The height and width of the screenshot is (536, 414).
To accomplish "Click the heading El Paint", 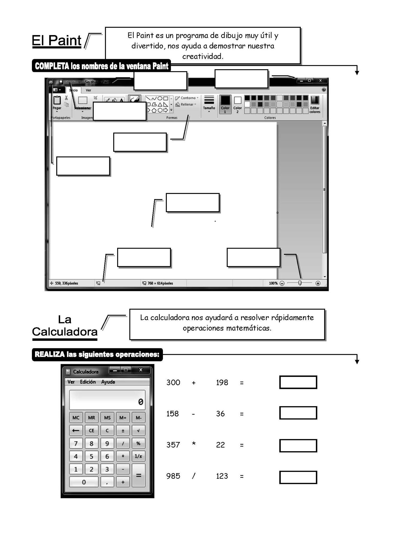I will click(56, 41).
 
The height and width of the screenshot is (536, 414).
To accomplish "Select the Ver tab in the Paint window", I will click(88, 90).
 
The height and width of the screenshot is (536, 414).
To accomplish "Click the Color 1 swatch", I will click(225, 104).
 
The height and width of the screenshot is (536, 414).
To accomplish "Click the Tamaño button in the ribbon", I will click(209, 103).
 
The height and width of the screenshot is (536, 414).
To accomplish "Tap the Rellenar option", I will click(186, 104).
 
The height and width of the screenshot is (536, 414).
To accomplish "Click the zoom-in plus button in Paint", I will click(318, 283).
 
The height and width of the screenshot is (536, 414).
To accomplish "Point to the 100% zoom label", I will click(273, 283).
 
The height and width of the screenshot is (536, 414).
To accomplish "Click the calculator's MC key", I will click(76, 418).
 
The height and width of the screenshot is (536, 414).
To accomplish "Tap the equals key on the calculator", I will click(138, 476).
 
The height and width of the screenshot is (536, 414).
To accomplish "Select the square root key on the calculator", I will click(138, 431).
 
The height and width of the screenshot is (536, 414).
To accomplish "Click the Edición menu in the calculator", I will click(88, 382).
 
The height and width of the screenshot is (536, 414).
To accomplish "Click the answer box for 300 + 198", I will click(298, 382).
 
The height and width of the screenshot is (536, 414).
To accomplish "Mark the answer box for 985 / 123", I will click(298, 477).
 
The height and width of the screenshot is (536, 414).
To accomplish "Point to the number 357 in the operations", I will click(173, 445).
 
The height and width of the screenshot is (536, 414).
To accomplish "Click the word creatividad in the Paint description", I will click(203, 56).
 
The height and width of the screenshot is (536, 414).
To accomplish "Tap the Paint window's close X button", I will click(320, 81).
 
